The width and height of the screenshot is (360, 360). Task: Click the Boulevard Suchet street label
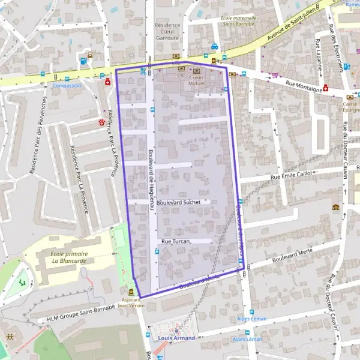(x=182, y=202)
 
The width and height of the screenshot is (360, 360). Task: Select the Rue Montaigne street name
(x=304, y=86)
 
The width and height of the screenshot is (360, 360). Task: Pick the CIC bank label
(x=180, y=76)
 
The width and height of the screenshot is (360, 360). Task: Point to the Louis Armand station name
(x=176, y=338)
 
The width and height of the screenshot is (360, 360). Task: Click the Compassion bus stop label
(x=67, y=85)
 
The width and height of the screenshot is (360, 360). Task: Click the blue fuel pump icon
(x=83, y=61)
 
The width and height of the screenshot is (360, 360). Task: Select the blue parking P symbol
(x=102, y=75)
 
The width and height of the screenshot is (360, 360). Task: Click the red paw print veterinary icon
(x=102, y=122)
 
